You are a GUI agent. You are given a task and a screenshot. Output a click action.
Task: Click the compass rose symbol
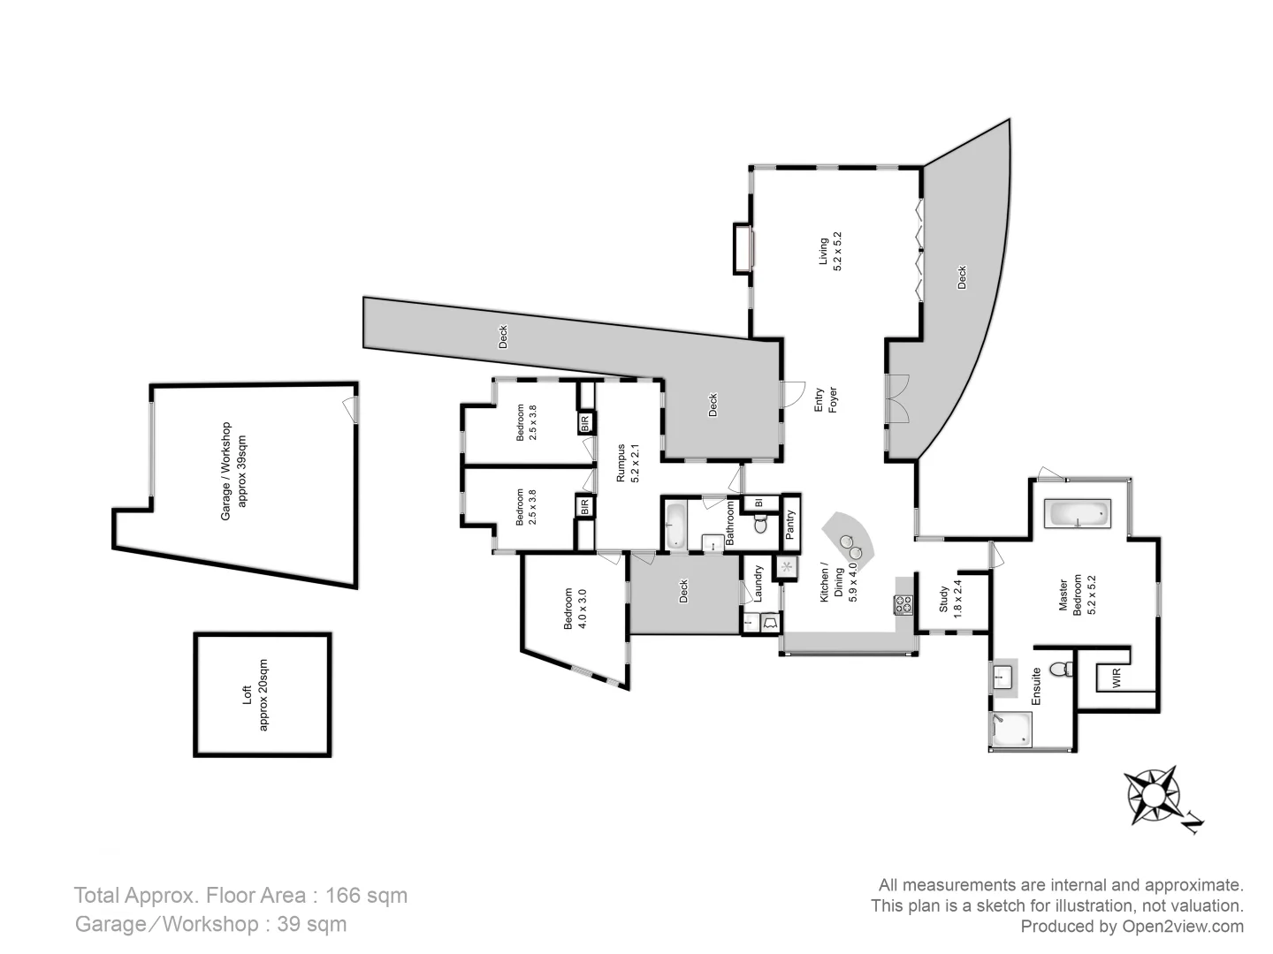(1154, 792)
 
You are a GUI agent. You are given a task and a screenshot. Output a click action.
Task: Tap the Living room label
(830, 251)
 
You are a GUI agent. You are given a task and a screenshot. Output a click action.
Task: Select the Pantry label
(790, 525)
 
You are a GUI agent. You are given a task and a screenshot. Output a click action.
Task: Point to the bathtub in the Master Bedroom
(1076, 513)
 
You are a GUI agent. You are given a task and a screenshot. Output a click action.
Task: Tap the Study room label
(950, 599)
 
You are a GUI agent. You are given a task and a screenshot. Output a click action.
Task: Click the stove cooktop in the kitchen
(903, 605)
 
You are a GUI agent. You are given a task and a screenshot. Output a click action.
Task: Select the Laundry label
(758, 583)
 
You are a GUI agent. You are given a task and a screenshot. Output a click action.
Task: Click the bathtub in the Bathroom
(675, 526)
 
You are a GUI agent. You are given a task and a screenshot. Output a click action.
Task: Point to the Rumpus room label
(627, 463)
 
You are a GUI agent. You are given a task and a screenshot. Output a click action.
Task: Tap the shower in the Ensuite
(1010, 729)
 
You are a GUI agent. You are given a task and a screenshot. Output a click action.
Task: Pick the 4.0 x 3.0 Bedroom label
(576, 609)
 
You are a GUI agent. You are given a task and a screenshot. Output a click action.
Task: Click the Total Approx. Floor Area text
(240, 895)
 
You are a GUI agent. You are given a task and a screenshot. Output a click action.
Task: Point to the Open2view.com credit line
(1132, 927)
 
